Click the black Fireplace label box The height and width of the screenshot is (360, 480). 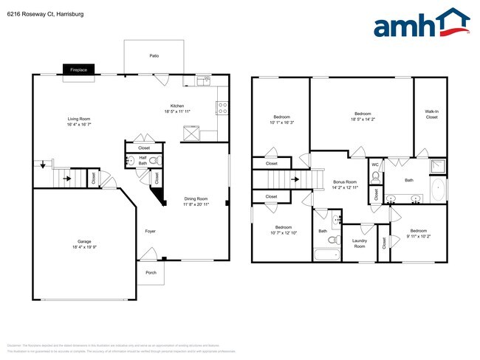coord(78,69)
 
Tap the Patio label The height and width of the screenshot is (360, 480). coord(154,55)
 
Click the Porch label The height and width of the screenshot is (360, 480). coord(151,272)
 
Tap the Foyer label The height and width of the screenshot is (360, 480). coord(150,231)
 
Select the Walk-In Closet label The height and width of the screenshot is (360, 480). coord(431,114)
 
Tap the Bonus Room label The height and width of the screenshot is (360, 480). coord(345,181)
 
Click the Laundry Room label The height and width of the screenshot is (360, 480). coord(360,243)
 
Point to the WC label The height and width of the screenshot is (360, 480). coord(375,165)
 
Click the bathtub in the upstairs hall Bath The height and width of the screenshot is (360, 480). coord(326,255)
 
